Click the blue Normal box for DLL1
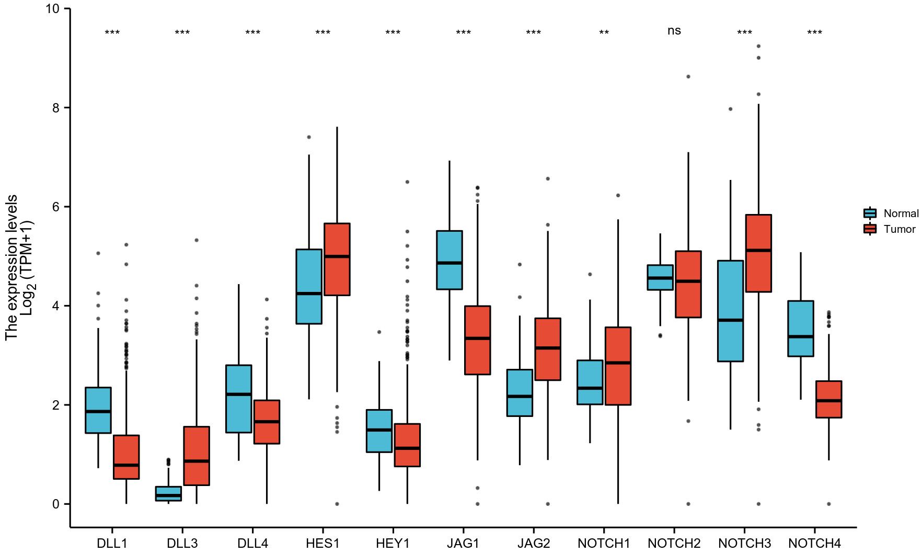pyautogui.click(x=98, y=410)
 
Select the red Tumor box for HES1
pyautogui.click(x=337, y=259)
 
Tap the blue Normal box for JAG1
pyautogui.click(x=450, y=260)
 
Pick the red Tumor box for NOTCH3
pyautogui.click(x=758, y=253)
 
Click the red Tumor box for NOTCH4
pyautogui.click(x=828, y=399)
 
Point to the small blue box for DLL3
pyautogui.click(x=168, y=494)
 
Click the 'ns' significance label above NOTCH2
pyautogui.click(x=674, y=31)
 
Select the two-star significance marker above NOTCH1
pyautogui.click(x=604, y=33)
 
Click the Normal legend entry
pyautogui.click(x=891, y=213)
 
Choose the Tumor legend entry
pyautogui.click(x=891, y=229)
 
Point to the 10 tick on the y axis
pyautogui.click(x=52, y=9)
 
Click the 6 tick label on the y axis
pyautogui.click(x=56, y=207)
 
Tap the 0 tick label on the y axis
pyautogui.click(x=56, y=504)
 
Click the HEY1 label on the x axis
pyautogui.click(x=393, y=544)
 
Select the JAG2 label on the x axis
pyautogui.click(x=534, y=544)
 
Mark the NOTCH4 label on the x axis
pyautogui.click(x=814, y=544)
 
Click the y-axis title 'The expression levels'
pyautogui.click(x=11, y=267)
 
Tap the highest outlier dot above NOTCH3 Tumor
pyautogui.click(x=758, y=47)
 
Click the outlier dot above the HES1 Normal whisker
pyautogui.click(x=309, y=137)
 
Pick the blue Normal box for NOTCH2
pyautogui.click(x=660, y=277)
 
